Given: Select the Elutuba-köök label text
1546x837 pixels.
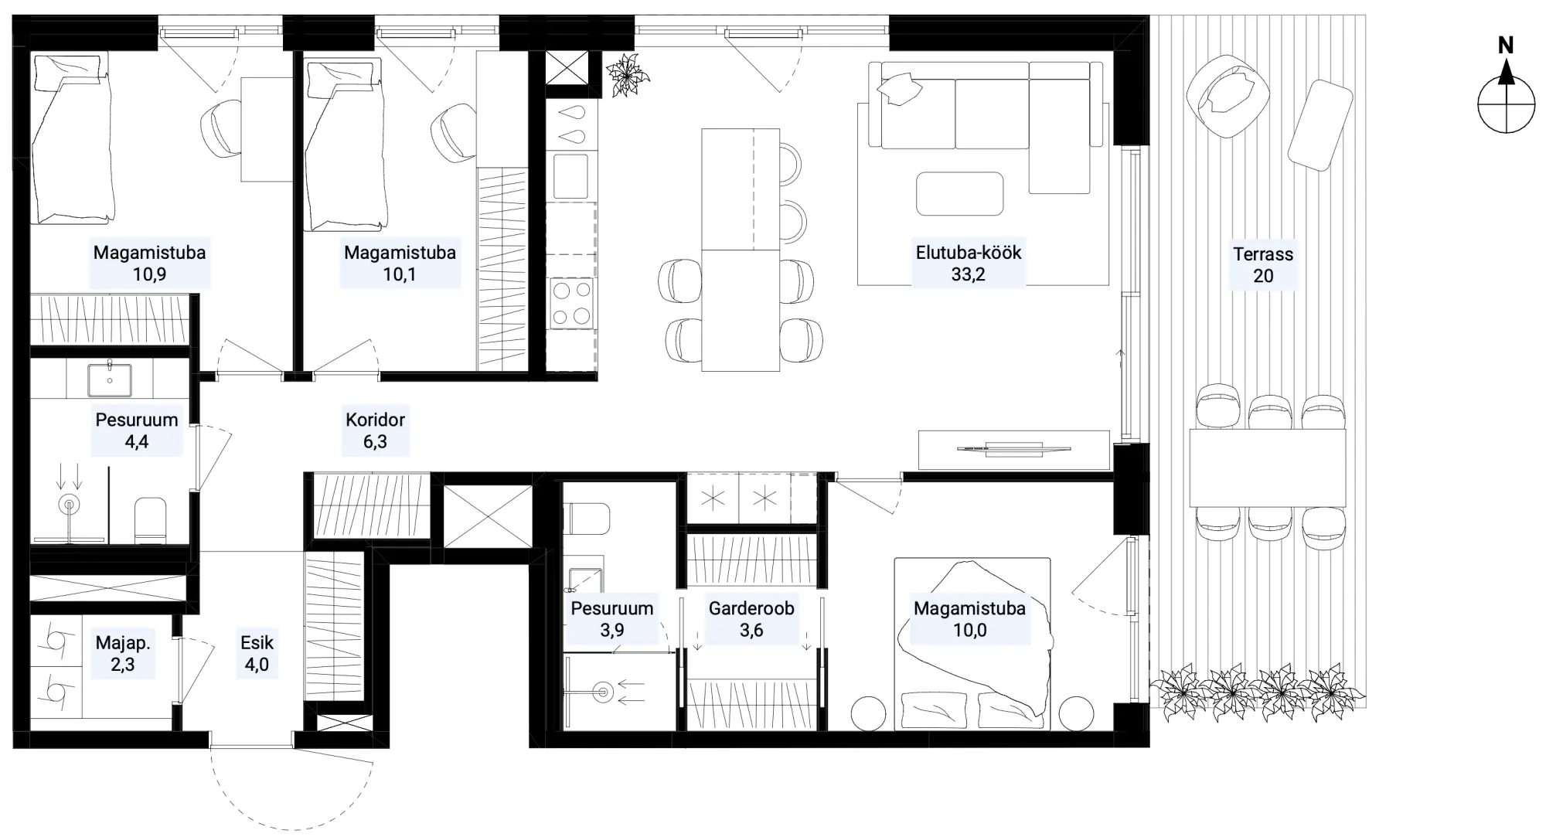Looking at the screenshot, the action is (969, 253).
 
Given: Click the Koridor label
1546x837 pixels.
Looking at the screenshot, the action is (375, 420).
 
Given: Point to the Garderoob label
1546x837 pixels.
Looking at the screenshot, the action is (751, 608).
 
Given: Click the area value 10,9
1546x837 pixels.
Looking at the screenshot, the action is (149, 274).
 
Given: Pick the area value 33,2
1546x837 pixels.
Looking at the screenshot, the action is (969, 274).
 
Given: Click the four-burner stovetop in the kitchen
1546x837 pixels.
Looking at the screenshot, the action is (572, 303).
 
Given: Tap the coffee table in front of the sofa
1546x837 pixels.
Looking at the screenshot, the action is (960, 193).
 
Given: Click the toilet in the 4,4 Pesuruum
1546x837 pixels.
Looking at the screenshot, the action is (150, 519).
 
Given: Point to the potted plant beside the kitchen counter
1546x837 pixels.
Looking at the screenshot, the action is (627, 76).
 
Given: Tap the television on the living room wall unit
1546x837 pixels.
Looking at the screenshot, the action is (1014, 448).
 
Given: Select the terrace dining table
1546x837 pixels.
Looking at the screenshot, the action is (1268, 468).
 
